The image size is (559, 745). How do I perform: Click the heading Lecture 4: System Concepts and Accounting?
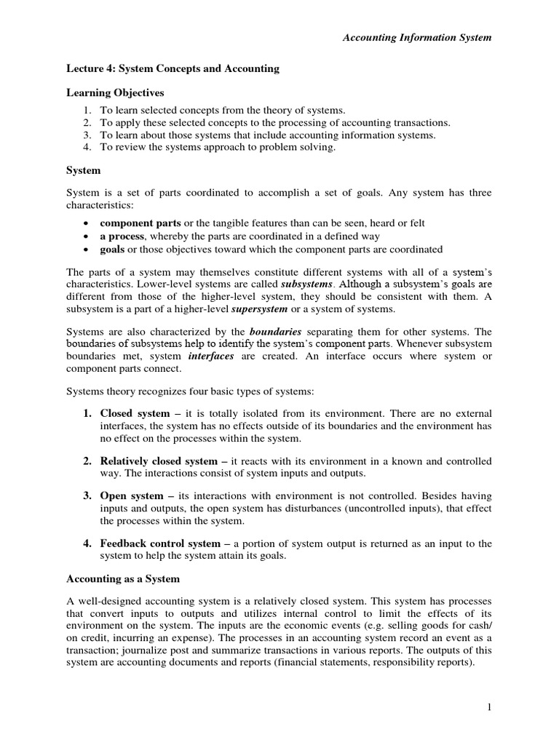[173, 69]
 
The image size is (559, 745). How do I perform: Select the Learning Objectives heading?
[116, 93]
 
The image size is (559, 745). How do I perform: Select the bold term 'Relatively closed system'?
[159, 461]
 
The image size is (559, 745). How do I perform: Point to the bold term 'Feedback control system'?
[159, 543]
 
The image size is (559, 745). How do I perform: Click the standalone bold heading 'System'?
[83, 170]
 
